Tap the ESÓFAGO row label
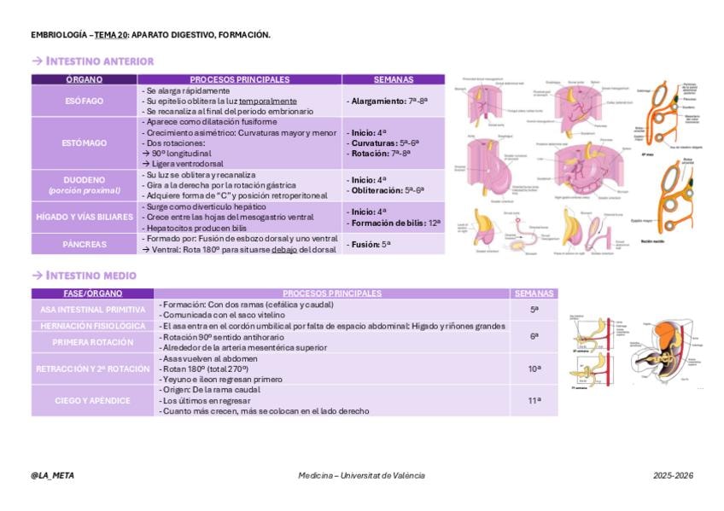[85, 101]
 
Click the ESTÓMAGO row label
[85, 143]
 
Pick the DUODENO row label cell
[85, 185]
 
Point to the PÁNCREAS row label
[85, 244]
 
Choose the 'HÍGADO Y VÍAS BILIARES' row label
[85, 218]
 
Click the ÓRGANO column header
[85, 79]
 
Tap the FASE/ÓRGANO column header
[93, 293]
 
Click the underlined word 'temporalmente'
[268, 101]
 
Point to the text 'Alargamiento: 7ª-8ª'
[388, 101]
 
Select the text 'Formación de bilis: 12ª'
[395, 223]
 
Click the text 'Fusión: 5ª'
[371, 244]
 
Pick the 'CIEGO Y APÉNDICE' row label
[93, 400]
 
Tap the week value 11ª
[534, 399]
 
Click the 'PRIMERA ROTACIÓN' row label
[93, 342]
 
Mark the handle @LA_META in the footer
[52, 475]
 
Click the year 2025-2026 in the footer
[673, 475]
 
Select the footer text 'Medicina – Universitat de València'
[361, 475]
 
